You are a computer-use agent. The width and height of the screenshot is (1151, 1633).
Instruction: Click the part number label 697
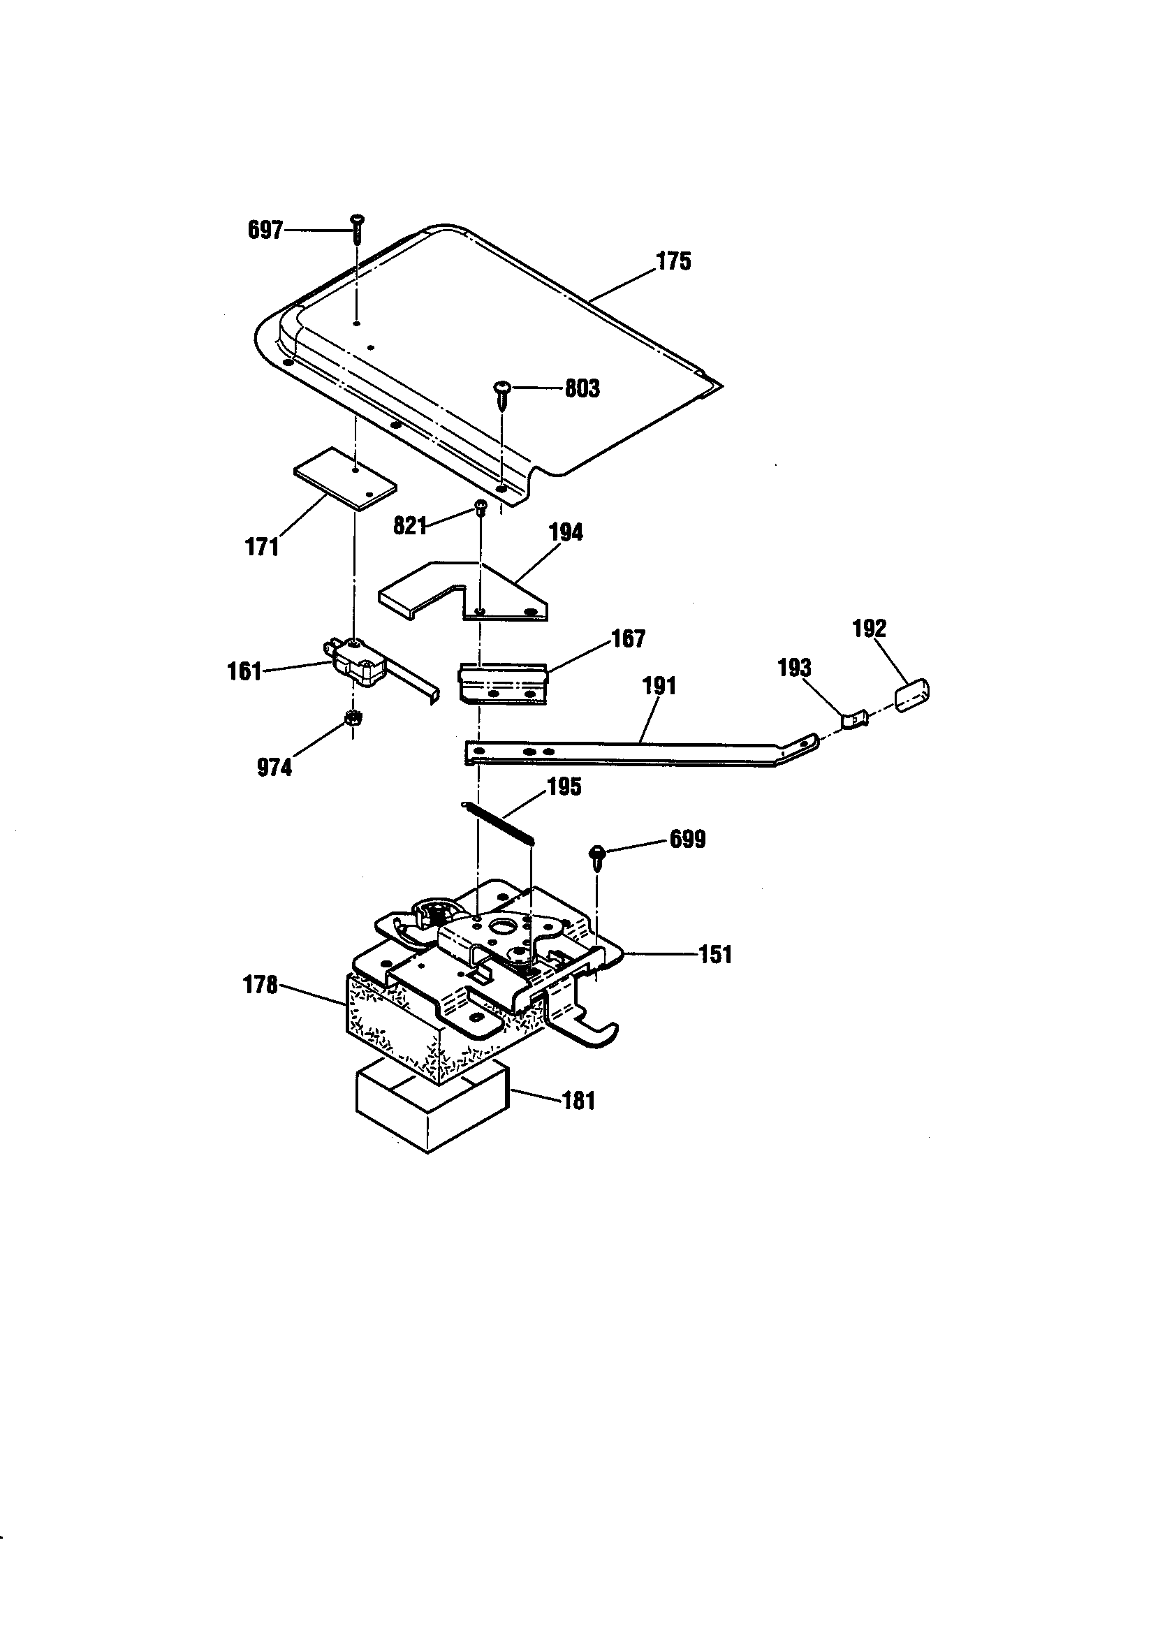point(265,230)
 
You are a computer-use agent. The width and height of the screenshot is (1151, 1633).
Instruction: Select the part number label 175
point(673,262)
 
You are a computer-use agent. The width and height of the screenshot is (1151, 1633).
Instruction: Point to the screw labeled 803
point(504,395)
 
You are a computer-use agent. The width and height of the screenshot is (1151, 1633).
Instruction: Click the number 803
point(582,388)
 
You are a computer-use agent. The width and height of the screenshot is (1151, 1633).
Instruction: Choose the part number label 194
point(566,533)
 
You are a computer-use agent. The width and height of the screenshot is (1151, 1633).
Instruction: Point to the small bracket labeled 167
point(503,684)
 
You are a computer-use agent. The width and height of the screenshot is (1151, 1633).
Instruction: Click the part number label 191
point(659,687)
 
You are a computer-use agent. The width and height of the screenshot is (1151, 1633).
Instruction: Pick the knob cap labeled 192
point(913,694)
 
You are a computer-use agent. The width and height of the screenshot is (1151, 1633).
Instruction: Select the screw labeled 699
point(598,856)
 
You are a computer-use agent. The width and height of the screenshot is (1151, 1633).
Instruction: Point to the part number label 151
point(715,955)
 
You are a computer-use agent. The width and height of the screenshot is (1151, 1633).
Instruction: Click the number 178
point(260,985)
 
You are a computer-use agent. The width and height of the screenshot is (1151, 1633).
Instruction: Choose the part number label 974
point(274,768)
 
